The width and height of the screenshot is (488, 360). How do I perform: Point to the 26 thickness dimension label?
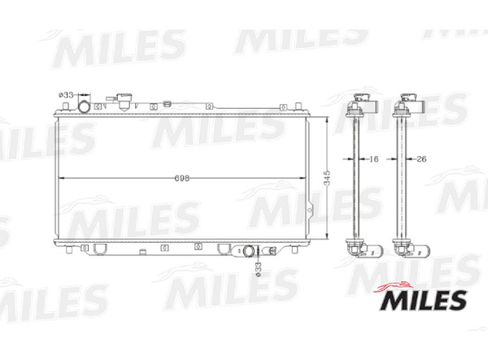(x=420, y=160)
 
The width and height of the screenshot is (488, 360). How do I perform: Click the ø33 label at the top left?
(x=67, y=96)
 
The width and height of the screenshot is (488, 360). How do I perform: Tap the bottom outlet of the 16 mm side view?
(x=358, y=248)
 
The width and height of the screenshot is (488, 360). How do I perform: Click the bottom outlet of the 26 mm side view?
(x=404, y=248)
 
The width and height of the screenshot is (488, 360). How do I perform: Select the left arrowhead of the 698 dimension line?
(x=59, y=177)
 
